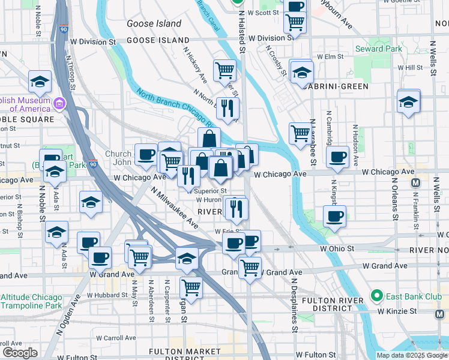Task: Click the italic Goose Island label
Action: click(x=154, y=23)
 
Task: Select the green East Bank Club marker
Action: click(x=376, y=295)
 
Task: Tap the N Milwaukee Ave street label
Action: click(x=174, y=207)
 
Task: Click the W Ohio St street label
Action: click(x=339, y=248)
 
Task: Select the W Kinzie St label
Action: click(x=397, y=311)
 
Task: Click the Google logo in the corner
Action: click(x=20, y=353)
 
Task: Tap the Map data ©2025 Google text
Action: click(x=412, y=355)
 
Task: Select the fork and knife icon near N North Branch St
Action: click(x=227, y=108)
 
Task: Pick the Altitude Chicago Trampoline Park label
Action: click(x=31, y=301)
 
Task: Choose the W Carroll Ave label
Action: click(x=106, y=338)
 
